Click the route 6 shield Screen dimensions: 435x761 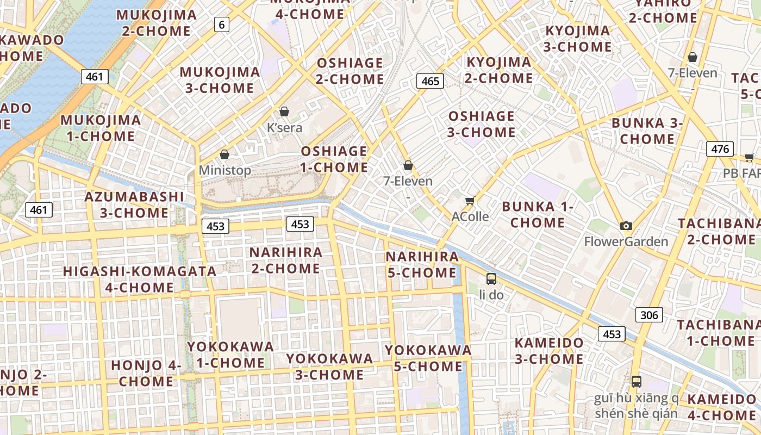coord(221,24)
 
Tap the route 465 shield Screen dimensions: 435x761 coord(430,81)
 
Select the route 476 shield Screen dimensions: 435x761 coord(720,148)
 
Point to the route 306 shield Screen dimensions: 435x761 coord(649,314)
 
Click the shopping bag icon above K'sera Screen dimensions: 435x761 coord(284,111)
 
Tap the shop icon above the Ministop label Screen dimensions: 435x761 coord(224,154)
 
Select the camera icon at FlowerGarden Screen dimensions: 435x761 coord(626,226)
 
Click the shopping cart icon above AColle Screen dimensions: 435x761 coord(470,201)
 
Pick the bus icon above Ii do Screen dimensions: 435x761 coord(491,279)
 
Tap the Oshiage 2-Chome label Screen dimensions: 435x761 coord(350,71)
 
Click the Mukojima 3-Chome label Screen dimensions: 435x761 coord(220,80)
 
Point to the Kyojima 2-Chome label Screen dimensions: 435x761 coord(498,70)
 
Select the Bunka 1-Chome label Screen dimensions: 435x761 coord(538,214)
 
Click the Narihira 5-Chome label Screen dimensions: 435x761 coord(421,264)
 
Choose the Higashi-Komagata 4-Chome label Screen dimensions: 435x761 coord(139,279)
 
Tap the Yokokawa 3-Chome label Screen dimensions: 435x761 coord(329,366)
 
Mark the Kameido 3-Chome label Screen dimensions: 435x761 coord(549,351)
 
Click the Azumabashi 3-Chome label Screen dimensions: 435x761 coord(134,204)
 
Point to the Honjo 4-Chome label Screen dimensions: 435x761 coord(146,373)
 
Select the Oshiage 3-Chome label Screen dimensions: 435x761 coord(481,124)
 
